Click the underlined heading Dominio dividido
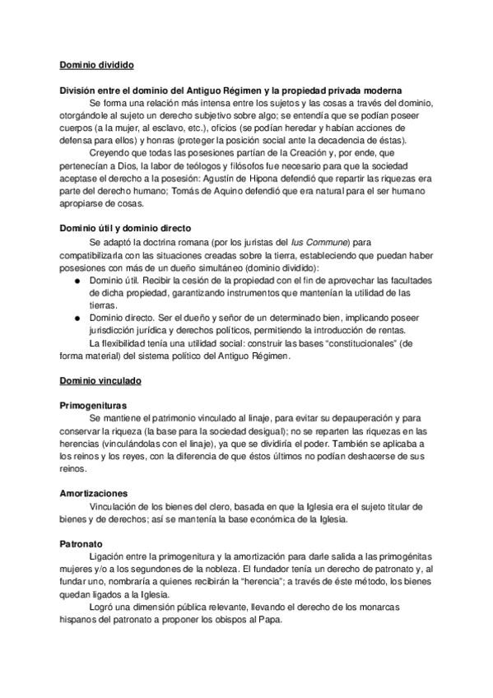[97, 63]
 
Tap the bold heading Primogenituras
[93, 406]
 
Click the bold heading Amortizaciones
[92, 492]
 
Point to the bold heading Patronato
[80, 544]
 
